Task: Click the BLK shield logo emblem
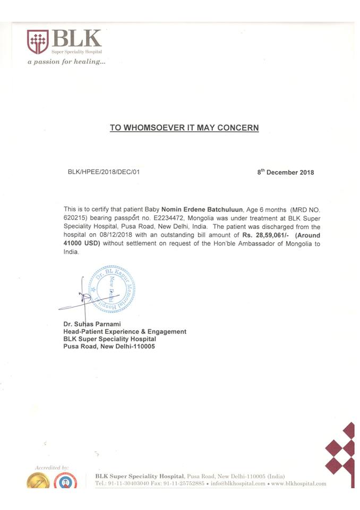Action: point(38,41)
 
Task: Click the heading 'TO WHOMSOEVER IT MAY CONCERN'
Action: point(184,127)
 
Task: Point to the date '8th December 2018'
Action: point(286,172)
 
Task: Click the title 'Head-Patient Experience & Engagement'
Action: point(125,331)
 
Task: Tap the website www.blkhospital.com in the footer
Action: point(298,484)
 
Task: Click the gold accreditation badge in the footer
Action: point(38,481)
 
